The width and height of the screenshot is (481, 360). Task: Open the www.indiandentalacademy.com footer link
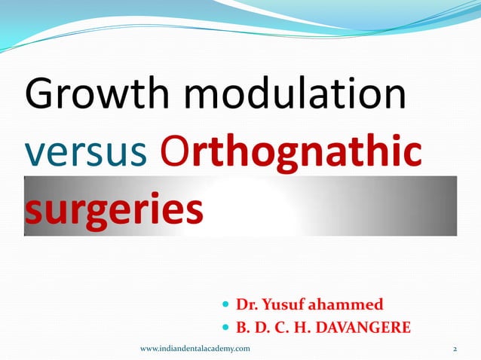coord(195,349)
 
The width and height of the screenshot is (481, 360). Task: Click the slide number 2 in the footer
coord(455,349)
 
